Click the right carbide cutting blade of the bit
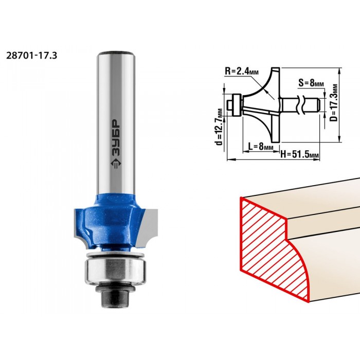click(149, 226)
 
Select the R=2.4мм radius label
click(242, 71)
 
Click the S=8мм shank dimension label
click(311, 83)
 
